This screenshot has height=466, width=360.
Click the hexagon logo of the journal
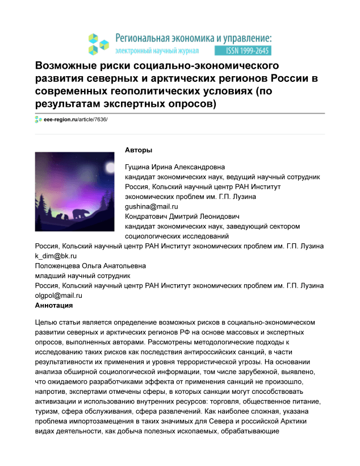point(98,44)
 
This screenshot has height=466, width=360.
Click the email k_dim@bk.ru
point(56,256)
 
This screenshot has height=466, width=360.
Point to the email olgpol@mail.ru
point(59,296)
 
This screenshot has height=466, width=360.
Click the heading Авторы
point(139,151)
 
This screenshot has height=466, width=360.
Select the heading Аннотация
point(54,306)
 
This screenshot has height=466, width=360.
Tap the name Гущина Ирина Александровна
point(175,167)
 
